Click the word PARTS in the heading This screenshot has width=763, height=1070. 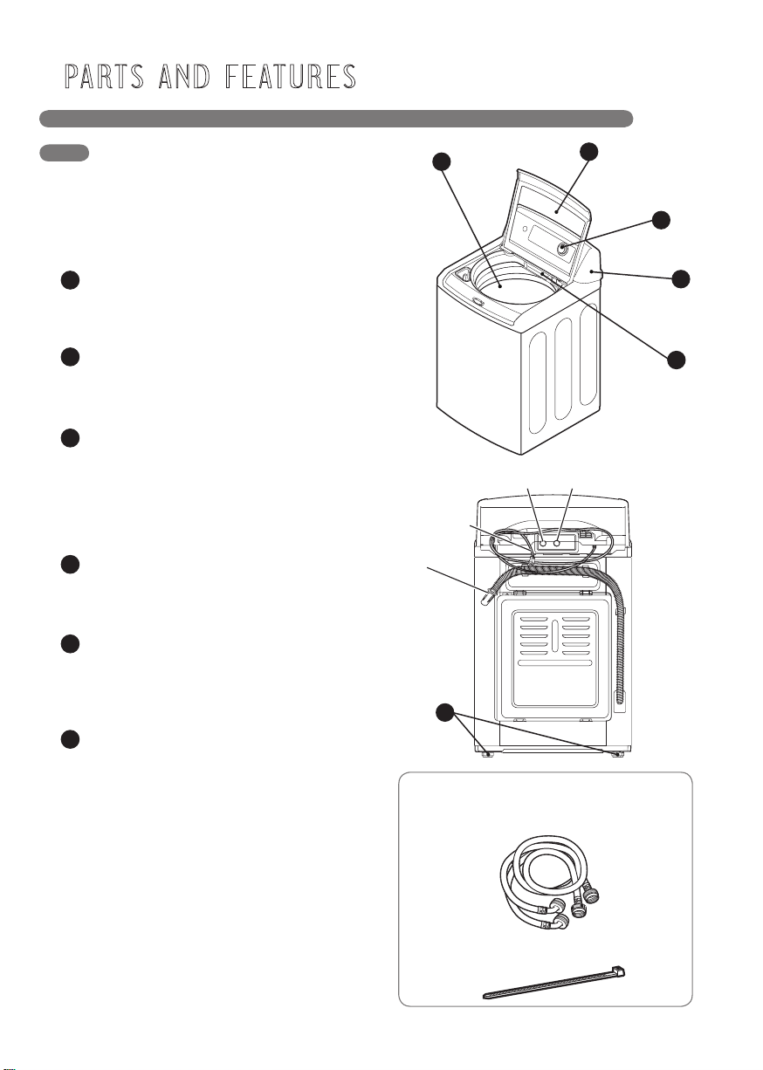(x=105, y=77)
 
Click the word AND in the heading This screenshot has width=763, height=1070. (x=184, y=77)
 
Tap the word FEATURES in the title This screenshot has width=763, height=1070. (x=291, y=77)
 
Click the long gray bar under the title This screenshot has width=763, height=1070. (x=336, y=119)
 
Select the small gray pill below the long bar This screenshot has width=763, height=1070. (x=64, y=153)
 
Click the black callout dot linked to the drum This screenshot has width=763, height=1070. (x=442, y=161)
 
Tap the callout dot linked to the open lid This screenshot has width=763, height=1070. (x=588, y=151)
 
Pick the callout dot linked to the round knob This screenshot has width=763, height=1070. (x=661, y=220)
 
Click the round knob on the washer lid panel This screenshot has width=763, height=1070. (x=562, y=248)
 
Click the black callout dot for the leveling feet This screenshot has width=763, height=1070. (x=445, y=713)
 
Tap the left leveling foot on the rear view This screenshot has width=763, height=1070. (x=487, y=754)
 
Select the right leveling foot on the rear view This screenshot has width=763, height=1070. (x=619, y=754)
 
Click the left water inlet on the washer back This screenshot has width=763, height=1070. (x=543, y=543)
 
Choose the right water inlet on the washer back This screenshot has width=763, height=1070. (x=557, y=543)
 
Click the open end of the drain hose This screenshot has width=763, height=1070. (x=486, y=599)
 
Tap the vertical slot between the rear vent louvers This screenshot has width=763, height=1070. (x=554, y=636)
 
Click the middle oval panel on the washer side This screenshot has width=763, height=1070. (x=563, y=369)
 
